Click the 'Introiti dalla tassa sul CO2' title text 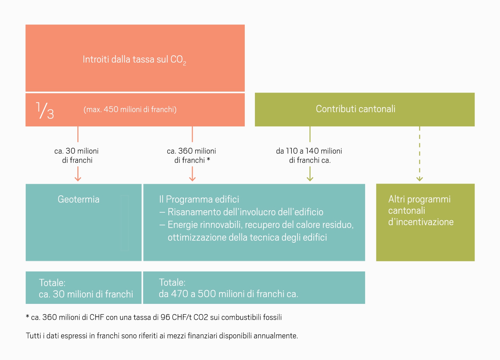[x=134, y=60]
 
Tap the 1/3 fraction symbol [x=45, y=110]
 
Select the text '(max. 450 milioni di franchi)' [x=130, y=110]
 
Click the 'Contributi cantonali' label [x=355, y=109]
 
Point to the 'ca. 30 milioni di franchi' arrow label [x=76, y=155]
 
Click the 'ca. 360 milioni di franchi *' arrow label [x=191, y=155]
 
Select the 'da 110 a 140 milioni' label [x=309, y=151]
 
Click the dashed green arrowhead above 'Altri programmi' [x=420, y=179]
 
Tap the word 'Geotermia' [x=78, y=199]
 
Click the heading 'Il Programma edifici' [x=199, y=199]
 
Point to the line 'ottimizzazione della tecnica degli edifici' [x=247, y=237]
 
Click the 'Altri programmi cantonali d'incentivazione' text [x=421, y=211]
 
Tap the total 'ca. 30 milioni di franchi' [x=86, y=294]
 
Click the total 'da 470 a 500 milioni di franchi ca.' [x=228, y=294]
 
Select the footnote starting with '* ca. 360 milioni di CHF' [x=154, y=317]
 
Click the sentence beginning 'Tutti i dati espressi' [x=162, y=336]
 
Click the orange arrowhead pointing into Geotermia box [x=78, y=179]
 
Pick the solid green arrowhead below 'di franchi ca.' [x=310, y=179]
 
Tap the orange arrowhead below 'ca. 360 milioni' [x=192, y=179]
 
